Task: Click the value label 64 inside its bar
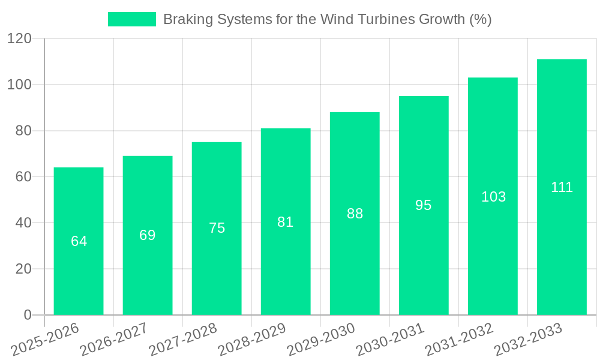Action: [x=79, y=241]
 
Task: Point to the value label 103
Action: [x=493, y=197]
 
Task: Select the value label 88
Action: [x=355, y=214]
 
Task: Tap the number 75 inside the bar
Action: [x=217, y=228]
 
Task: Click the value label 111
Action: [x=562, y=187]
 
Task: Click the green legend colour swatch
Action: [x=131, y=19]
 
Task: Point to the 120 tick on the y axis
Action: [x=19, y=39]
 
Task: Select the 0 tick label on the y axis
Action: [x=27, y=315]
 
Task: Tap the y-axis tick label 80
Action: [x=23, y=131]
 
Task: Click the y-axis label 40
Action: [x=23, y=223]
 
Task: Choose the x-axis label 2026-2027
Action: [x=115, y=340]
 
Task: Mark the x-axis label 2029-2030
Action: [x=322, y=340]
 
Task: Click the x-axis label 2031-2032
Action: [x=460, y=340]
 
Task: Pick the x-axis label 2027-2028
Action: [x=184, y=340]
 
